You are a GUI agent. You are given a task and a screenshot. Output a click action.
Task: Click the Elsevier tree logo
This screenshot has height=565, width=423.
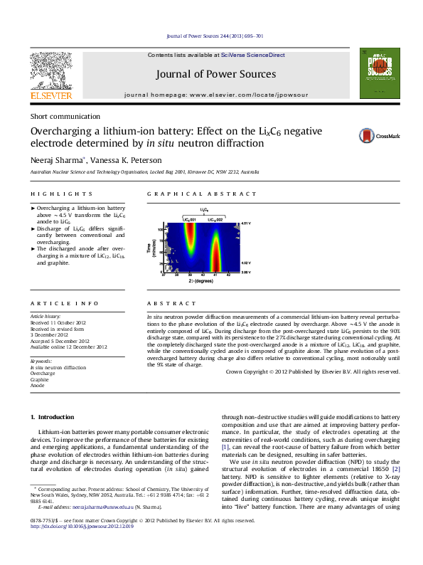(x=50, y=70)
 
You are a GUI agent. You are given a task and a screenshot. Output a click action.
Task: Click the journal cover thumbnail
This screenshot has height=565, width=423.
(x=377, y=72)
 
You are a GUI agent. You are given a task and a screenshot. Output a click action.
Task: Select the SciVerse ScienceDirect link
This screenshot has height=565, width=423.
(x=252, y=55)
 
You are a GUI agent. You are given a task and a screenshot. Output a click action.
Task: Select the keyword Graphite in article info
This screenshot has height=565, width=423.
(x=39, y=380)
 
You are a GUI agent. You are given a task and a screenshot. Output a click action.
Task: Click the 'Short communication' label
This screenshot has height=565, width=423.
(x=65, y=116)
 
